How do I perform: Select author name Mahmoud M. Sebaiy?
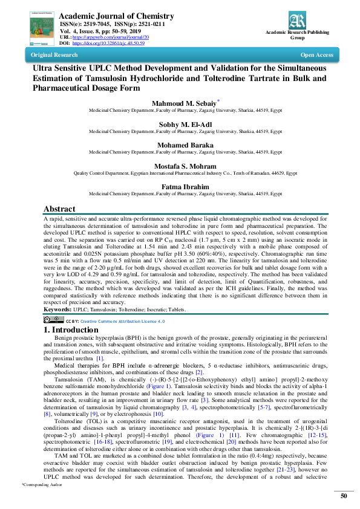[x=178, y=104]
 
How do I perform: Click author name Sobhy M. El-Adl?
[x=180, y=125]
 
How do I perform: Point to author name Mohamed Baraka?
[x=180, y=145]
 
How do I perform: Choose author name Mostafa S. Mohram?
[x=180, y=166]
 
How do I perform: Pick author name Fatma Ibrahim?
[x=180, y=187]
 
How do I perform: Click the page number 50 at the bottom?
[x=343, y=496]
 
